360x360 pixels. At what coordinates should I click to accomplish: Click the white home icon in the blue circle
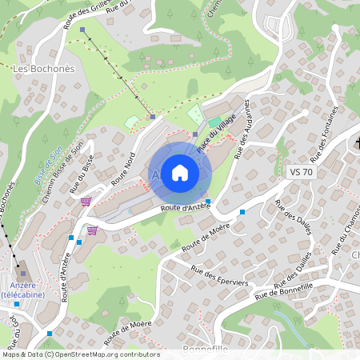pyautogui.click(x=179, y=171)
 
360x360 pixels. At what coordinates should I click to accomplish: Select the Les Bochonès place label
pyautogui.click(x=44, y=69)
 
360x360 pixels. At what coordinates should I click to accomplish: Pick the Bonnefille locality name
pyautogui.click(x=206, y=350)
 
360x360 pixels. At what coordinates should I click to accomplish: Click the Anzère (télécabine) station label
pyautogui.click(x=22, y=290)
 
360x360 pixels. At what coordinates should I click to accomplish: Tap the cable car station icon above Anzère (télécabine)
pyautogui.click(x=23, y=274)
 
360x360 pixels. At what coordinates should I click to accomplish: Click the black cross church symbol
pyautogui.click(x=357, y=143)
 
